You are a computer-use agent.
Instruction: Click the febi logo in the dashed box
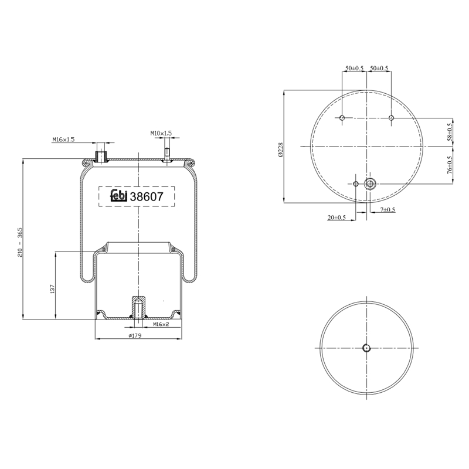[x=119, y=196]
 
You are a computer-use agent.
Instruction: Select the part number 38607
[x=147, y=196]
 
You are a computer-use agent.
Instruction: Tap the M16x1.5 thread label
[x=63, y=140]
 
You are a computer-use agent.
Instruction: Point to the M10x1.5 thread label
[x=161, y=133]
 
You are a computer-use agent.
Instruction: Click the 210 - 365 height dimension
[x=21, y=242]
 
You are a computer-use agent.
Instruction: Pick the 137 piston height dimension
[x=52, y=288]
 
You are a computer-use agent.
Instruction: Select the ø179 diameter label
[x=135, y=335]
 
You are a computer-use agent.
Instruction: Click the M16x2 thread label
[x=161, y=324]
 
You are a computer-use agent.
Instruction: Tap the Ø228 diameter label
[x=280, y=149]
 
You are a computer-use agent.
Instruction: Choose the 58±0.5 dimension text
[x=450, y=131]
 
